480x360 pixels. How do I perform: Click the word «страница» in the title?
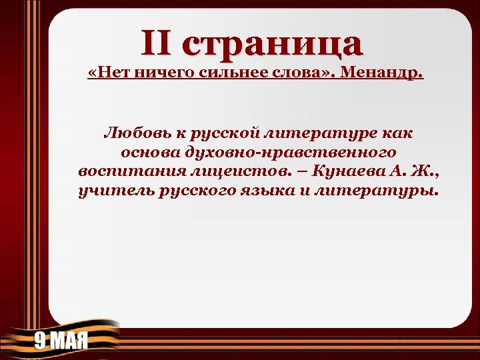click(274, 43)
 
